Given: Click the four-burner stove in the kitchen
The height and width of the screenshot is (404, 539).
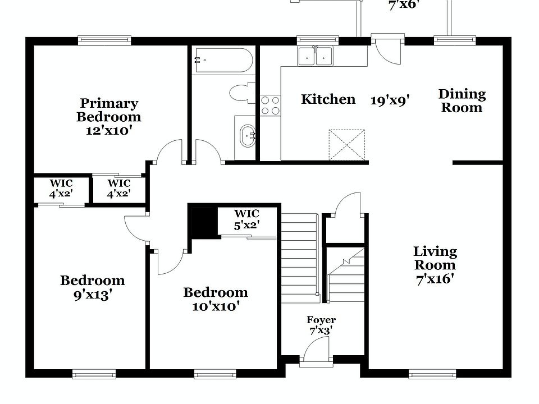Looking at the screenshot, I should point(270,105).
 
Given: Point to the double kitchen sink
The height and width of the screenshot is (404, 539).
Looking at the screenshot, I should point(315,56).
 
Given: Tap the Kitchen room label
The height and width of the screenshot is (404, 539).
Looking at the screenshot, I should point(328,99).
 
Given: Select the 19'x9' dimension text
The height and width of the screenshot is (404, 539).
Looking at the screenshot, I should point(390,100).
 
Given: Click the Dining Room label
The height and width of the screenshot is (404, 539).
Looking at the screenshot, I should point(462,101).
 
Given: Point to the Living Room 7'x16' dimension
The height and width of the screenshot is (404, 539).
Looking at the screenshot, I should point(435,279).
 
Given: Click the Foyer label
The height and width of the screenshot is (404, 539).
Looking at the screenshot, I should point(321,320).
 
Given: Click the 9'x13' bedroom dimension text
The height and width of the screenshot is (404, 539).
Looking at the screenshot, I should point(92,294).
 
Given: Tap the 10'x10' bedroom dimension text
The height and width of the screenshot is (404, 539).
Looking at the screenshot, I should point(215,306).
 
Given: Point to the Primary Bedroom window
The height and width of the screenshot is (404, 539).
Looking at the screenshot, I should point(104,40).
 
